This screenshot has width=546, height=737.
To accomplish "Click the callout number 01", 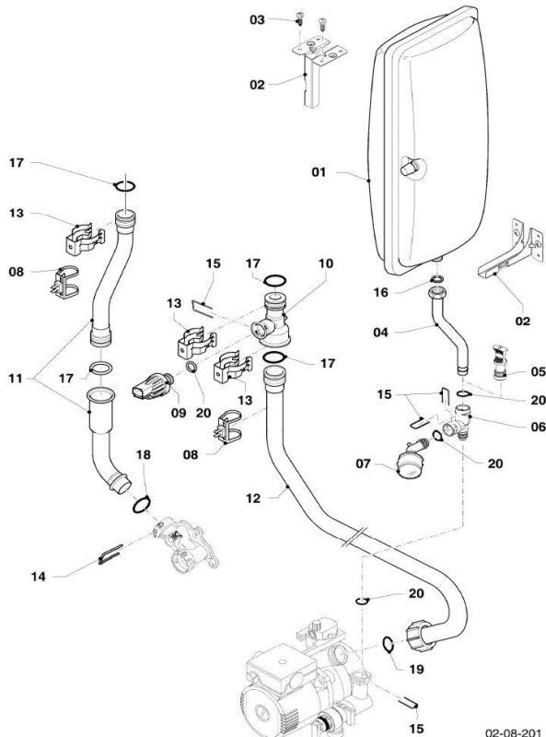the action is (319, 172).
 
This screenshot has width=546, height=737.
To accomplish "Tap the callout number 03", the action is (257, 19).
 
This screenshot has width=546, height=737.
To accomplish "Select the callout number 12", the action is (253, 498).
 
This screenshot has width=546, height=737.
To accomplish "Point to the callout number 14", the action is (39, 577).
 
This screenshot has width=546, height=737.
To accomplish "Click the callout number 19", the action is (416, 669).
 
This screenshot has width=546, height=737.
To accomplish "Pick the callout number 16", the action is (381, 292).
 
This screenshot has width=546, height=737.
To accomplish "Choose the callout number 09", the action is (179, 413).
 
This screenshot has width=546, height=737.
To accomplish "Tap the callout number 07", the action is (363, 463).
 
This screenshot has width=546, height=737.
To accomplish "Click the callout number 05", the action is (538, 371).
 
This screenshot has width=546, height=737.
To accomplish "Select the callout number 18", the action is (144, 454).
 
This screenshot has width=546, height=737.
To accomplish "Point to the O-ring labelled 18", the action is (142, 506).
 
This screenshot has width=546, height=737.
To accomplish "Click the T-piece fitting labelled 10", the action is (273, 321).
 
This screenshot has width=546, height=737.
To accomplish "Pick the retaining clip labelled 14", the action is (110, 554).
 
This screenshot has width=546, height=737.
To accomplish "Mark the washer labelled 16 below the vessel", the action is (437, 280).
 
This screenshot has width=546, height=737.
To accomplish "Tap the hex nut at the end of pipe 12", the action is (420, 636).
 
